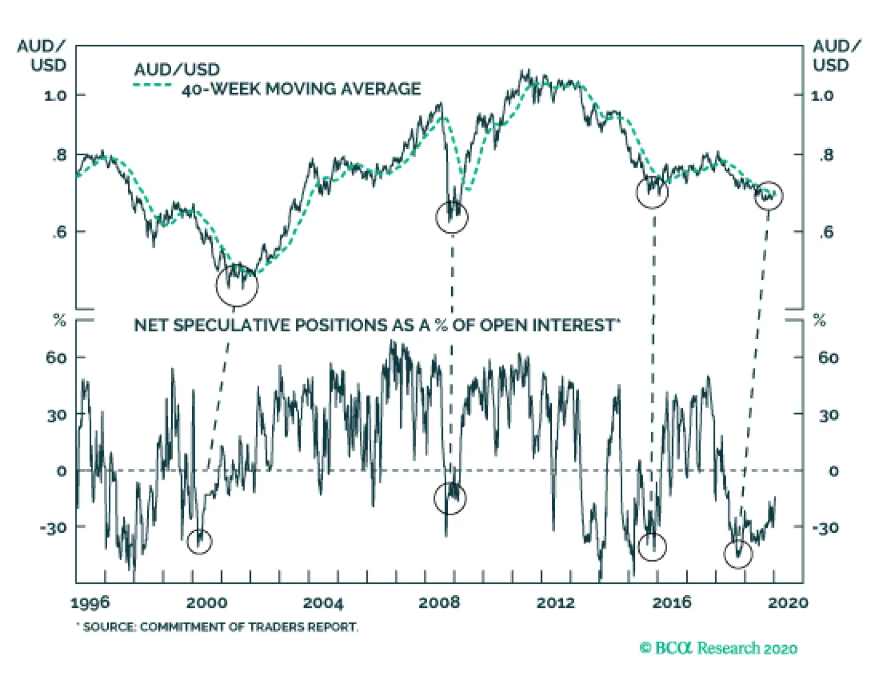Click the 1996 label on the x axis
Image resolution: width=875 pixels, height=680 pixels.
click(90, 602)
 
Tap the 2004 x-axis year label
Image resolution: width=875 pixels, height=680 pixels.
click(323, 602)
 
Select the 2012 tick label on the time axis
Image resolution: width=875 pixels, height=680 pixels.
click(556, 602)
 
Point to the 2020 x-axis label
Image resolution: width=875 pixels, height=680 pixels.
click(787, 602)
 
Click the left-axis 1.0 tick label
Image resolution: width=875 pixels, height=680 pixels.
click(55, 95)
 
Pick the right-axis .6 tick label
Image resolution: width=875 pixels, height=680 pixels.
click(826, 232)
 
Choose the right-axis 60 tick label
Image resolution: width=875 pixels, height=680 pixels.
click(828, 358)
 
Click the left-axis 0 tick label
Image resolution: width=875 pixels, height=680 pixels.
click(61, 471)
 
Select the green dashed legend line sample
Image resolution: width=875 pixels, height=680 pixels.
click(153, 85)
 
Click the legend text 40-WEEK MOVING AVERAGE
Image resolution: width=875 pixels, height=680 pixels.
click(301, 89)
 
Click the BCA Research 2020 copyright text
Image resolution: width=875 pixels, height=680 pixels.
click(718, 648)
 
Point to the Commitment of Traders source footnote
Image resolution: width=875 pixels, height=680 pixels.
click(219, 626)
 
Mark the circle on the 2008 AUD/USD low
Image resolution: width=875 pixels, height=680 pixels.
click(452, 217)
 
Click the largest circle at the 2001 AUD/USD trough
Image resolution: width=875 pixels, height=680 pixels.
click(237, 285)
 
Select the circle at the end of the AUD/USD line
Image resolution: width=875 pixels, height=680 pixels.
click(768, 195)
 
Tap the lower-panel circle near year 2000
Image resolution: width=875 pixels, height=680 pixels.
click(199, 542)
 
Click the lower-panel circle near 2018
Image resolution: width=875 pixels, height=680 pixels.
click(738, 554)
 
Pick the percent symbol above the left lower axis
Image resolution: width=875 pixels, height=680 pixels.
click(60, 320)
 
